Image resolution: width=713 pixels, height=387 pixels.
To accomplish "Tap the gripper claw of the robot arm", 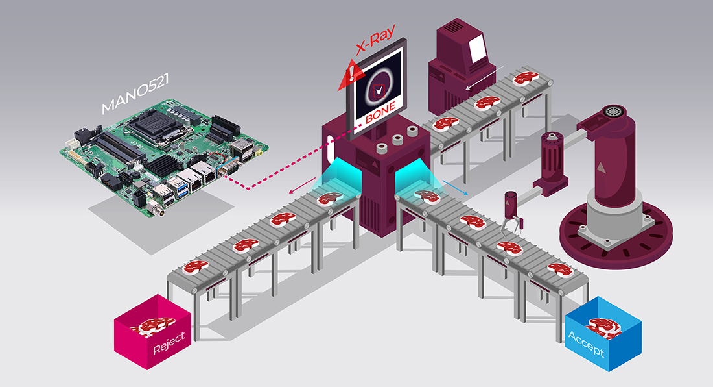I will [x=511, y=225].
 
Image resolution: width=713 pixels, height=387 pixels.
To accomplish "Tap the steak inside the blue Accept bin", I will [x=606, y=328].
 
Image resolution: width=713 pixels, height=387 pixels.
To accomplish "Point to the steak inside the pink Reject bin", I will [x=156, y=325].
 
